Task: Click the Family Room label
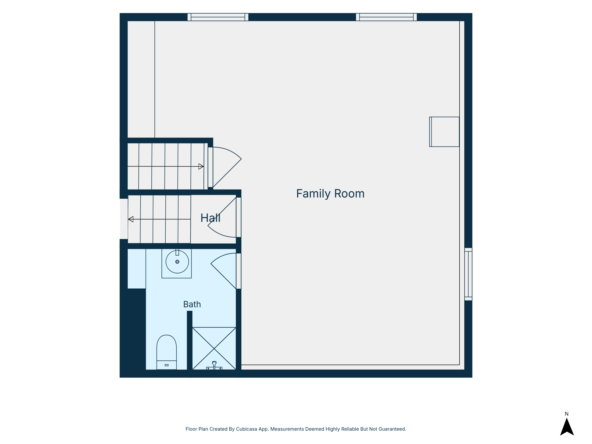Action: (x=330, y=194)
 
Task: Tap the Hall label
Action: (x=210, y=218)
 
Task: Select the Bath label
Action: (x=192, y=304)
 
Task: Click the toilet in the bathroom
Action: (x=166, y=352)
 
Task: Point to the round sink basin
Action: (x=177, y=262)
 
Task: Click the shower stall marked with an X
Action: (x=214, y=348)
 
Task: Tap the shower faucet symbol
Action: (x=214, y=366)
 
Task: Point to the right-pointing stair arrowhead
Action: (x=201, y=166)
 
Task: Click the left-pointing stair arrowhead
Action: (x=131, y=219)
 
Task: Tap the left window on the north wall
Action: (x=218, y=17)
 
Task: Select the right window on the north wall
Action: (x=386, y=17)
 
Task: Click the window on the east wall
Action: (x=468, y=274)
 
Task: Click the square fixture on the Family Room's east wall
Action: (x=444, y=132)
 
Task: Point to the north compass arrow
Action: (x=567, y=427)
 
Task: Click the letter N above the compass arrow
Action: (x=566, y=414)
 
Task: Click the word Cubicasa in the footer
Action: (x=247, y=429)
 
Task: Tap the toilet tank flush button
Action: (x=166, y=365)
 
